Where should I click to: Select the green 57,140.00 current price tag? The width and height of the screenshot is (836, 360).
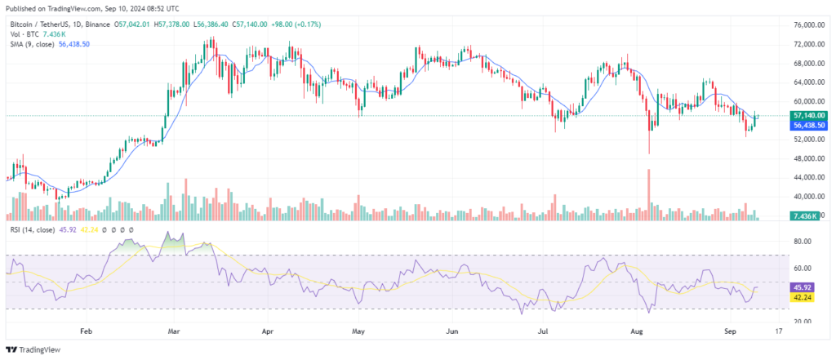(x=808, y=116)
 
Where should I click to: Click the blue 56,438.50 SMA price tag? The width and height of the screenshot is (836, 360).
(x=808, y=126)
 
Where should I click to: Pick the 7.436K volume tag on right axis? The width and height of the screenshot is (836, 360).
(x=807, y=216)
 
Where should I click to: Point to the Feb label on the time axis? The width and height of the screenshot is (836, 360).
(x=86, y=333)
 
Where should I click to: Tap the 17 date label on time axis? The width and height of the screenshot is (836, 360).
(x=779, y=333)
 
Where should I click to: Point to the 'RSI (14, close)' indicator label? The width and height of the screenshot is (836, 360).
(x=33, y=231)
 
